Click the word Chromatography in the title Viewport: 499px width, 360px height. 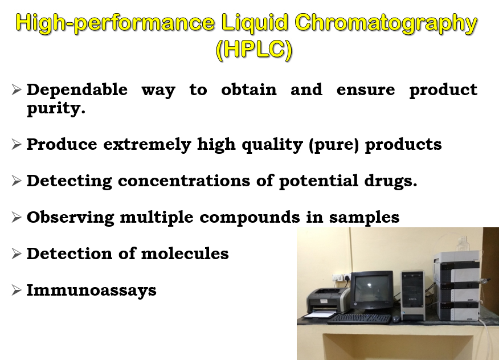[x=386, y=23]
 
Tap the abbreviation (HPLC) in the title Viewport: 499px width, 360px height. [x=254, y=50]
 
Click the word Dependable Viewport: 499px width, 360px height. [x=77, y=90]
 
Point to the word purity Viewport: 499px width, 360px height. [x=56, y=109]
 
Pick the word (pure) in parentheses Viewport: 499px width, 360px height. [x=334, y=145]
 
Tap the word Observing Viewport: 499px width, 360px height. [x=70, y=218]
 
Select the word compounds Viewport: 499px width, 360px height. [x=250, y=218]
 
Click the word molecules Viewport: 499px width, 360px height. [x=185, y=253]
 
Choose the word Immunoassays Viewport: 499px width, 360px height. [x=91, y=291]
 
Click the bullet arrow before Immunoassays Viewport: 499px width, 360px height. [x=16, y=290]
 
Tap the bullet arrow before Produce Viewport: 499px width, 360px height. [x=16, y=144]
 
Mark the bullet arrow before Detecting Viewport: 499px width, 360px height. [x=16, y=181]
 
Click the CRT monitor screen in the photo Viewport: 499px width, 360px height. [x=372, y=289]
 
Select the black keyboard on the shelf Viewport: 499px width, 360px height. [x=360, y=318]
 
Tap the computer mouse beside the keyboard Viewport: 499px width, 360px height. [x=396, y=319]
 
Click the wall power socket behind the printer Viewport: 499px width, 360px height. [x=341, y=277]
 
